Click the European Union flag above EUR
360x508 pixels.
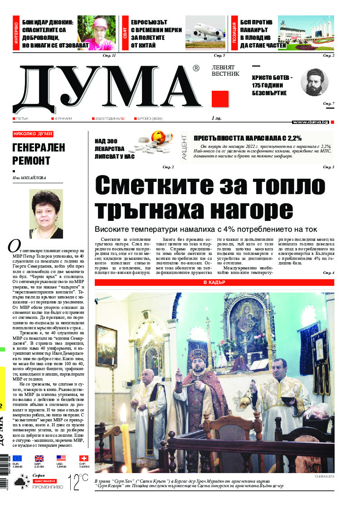[x=17, y=459]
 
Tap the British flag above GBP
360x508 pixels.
[x=39, y=459]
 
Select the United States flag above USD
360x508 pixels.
[x=61, y=459]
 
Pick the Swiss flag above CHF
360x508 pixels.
[x=84, y=459]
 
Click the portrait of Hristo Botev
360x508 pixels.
[x=314, y=82]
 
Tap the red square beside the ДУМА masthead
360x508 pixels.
[x=220, y=99]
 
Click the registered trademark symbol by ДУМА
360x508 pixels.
[x=196, y=68]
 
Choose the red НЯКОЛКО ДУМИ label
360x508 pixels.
[x=33, y=134]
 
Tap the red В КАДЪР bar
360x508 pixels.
[x=214, y=283]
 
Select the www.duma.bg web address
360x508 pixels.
[x=311, y=122]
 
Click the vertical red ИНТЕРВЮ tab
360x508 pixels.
[x=16, y=33]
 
